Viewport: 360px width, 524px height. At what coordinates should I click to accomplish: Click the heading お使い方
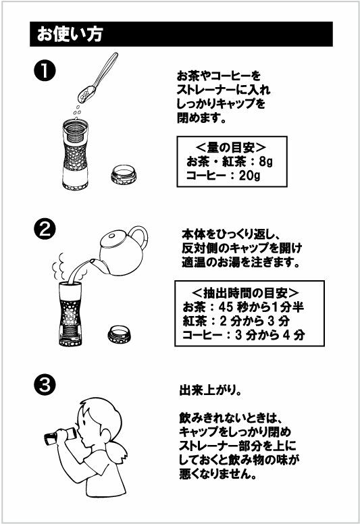(x=65, y=34)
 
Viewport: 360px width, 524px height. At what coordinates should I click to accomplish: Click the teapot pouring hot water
(x=122, y=251)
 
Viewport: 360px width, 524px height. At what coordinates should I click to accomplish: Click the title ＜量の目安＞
(x=230, y=147)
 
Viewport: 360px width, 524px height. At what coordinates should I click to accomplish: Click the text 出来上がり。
(x=207, y=390)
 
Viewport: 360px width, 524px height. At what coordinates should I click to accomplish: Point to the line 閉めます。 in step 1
(x=201, y=119)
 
